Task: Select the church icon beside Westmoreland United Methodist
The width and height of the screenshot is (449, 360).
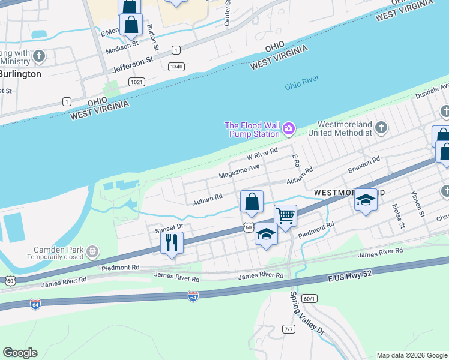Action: point(381,127)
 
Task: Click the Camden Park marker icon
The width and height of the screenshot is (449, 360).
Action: point(92,250)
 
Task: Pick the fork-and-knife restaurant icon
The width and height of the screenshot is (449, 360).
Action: point(172,243)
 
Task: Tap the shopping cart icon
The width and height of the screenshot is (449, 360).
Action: point(285,215)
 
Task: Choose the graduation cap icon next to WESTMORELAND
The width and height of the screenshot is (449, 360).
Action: point(365,200)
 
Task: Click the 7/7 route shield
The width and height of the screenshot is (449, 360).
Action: point(289,329)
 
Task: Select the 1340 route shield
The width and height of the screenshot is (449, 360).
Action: point(176,67)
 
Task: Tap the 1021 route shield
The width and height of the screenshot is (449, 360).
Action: point(137,82)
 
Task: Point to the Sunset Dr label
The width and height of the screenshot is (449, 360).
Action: point(169,228)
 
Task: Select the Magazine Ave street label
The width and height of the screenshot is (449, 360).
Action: point(240,170)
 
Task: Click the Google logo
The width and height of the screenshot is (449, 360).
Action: point(20,353)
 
